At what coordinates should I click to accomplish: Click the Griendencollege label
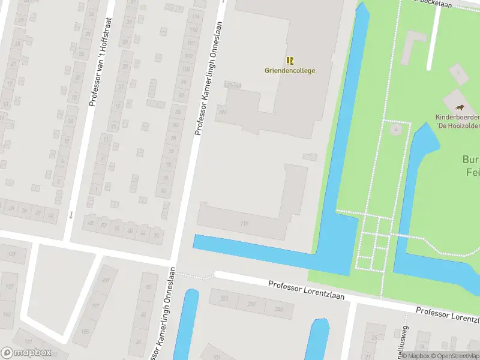point(290,70)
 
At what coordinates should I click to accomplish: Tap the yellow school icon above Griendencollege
point(290,61)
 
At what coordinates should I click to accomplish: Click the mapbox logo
point(26,353)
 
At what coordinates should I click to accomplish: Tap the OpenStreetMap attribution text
point(447,356)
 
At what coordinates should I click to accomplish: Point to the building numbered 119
point(244,223)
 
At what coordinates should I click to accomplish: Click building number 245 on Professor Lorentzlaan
point(279,309)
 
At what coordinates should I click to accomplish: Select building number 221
point(224,298)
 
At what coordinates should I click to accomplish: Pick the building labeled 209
point(106,280)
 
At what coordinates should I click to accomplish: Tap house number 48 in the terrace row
point(91,223)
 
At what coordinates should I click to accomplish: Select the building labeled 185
point(85,330)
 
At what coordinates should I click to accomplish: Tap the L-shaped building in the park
point(414,45)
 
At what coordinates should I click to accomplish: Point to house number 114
point(194,16)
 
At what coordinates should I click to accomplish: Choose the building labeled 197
point(95,306)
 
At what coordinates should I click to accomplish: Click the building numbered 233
point(251,304)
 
